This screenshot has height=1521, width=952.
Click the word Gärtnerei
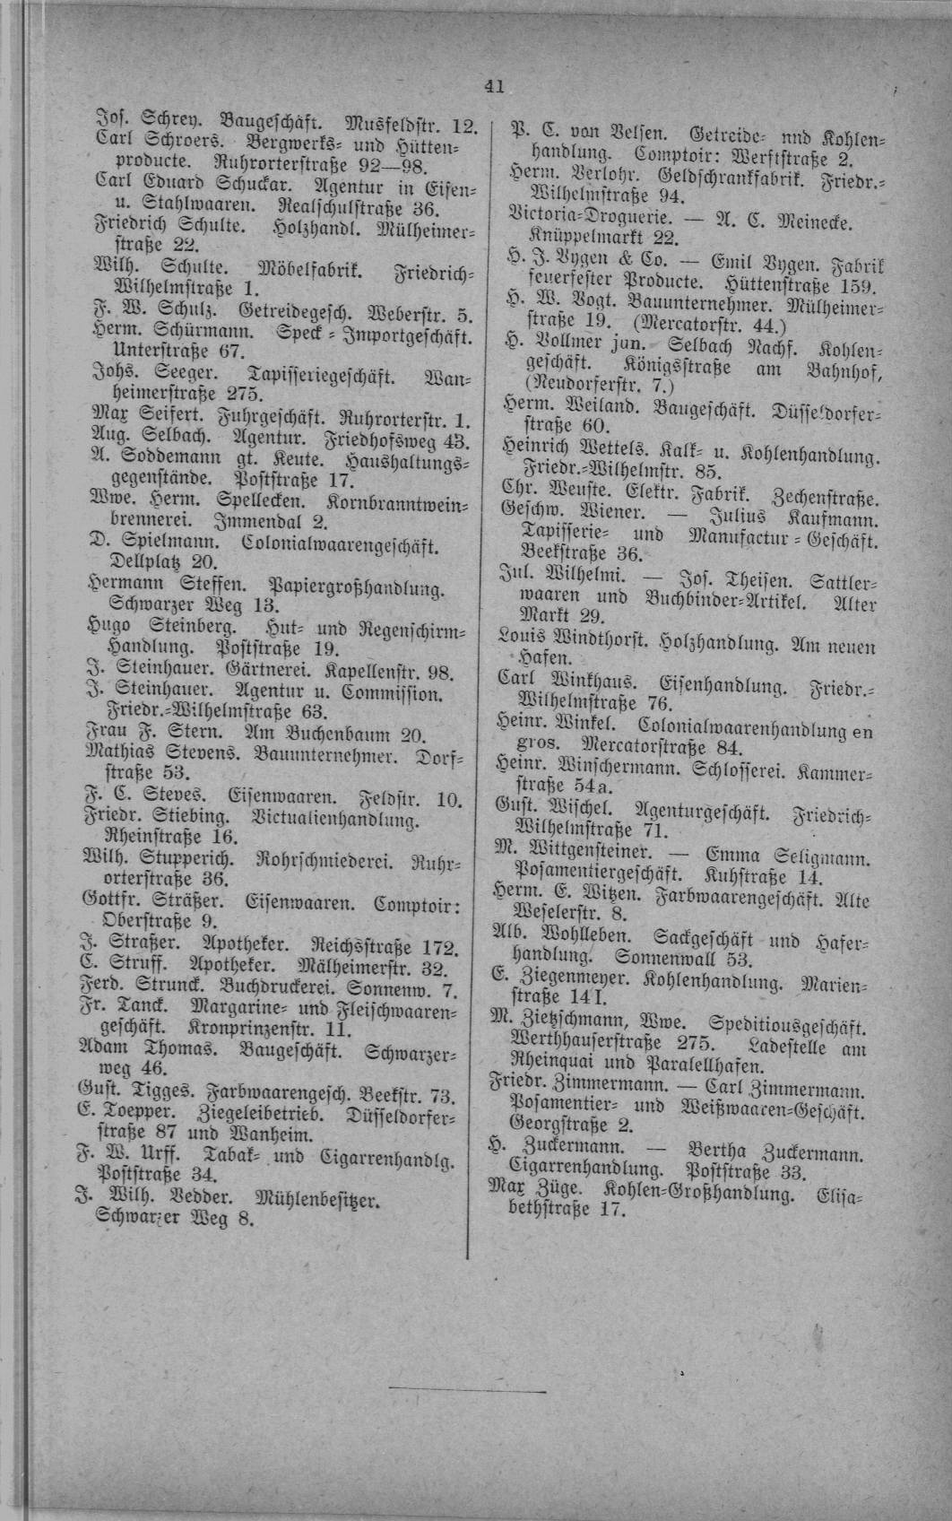click(x=241, y=671)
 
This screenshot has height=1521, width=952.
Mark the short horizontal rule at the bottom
click(x=467, y=1392)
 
